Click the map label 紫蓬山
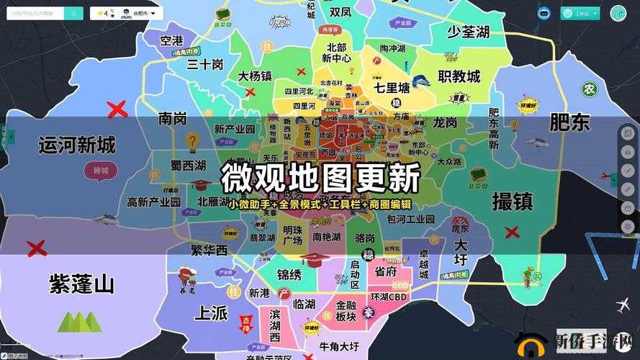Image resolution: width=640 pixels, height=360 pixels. [x=81, y=284]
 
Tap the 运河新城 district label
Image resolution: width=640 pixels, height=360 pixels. [x=77, y=145]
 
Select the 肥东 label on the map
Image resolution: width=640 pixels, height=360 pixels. [x=569, y=122]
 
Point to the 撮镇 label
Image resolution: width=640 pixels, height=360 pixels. [x=512, y=201]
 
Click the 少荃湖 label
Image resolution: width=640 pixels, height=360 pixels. [x=468, y=32]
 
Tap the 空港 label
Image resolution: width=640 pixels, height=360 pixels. [x=172, y=40]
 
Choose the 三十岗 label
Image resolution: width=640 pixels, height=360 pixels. [x=205, y=64]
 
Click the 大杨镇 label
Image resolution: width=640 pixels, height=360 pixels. [x=256, y=76]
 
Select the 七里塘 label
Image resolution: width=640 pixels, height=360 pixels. [x=392, y=89]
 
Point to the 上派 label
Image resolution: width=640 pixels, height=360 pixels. [x=211, y=313]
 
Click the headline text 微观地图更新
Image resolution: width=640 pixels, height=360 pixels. [x=320, y=176]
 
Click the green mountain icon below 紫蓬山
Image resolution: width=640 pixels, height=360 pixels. [x=79, y=321]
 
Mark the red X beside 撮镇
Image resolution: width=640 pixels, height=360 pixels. [x=512, y=232]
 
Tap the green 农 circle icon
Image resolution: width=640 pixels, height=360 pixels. [x=590, y=89]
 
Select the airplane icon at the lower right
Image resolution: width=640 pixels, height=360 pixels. [x=623, y=305]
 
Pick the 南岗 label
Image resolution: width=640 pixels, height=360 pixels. [x=173, y=117]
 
